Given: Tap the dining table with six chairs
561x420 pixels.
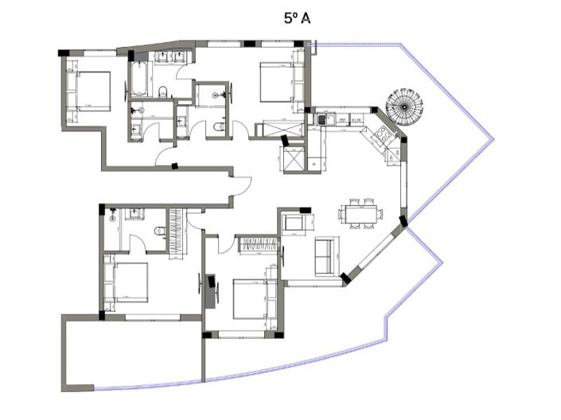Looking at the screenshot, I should (x=360, y=214).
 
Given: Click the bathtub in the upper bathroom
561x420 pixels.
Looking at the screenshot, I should (x=140, y=80).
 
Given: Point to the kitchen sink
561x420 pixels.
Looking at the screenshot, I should (x=322, y=120).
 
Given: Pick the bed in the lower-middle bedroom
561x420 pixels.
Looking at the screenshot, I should (x=252, y=298).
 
